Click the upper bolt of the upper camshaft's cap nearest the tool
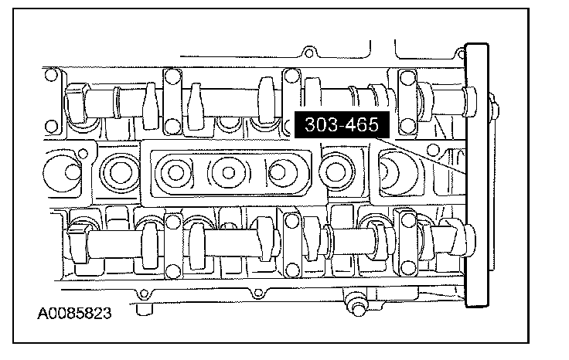point(407,76)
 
